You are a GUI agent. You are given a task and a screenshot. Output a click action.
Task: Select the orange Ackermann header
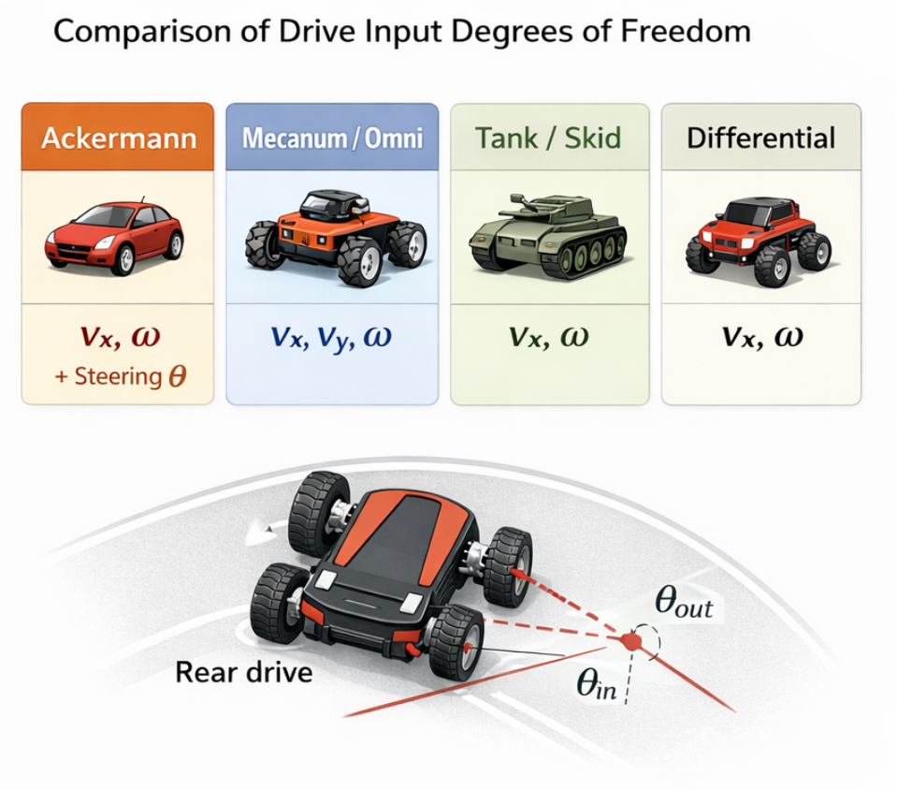(118, 139)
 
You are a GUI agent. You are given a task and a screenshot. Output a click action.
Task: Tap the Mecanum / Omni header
(332, 139)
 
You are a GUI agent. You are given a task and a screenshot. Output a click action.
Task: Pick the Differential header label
(760, 139)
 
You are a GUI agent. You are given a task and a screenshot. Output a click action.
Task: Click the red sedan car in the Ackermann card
(114, 237)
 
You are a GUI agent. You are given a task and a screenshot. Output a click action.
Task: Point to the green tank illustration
(547, 239)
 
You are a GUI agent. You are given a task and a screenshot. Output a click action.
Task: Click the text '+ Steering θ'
(117, 377)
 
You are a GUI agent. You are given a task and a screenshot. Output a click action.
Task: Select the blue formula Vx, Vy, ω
(332, 337)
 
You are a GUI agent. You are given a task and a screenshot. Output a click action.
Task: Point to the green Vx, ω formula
(548, 337)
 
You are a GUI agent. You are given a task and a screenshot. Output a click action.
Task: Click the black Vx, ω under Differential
(761, 337)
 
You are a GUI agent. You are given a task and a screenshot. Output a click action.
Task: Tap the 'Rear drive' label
(243, 671)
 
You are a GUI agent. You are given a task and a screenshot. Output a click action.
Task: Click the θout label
(684, 605)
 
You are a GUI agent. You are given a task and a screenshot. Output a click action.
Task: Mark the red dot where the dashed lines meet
(631, 641)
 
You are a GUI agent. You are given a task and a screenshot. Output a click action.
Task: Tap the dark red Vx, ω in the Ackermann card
(117, 337)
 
